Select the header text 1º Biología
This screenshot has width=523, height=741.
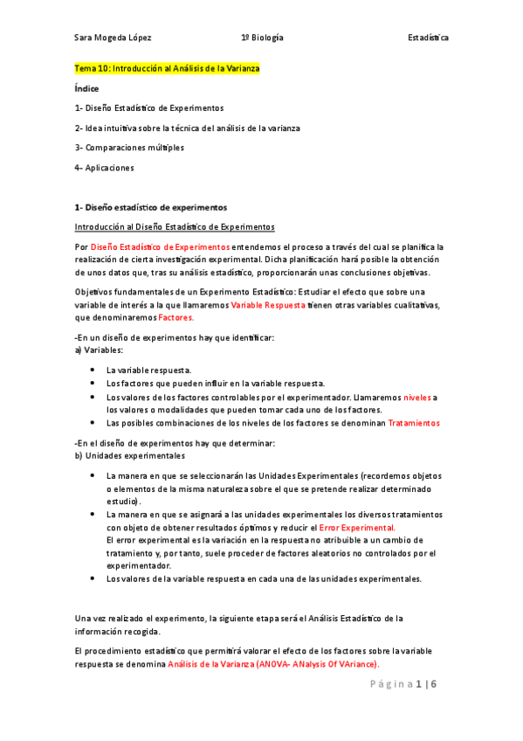click(262, 38)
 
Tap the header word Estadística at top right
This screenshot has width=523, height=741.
click(429, 38)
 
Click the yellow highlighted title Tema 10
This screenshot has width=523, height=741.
click(168, 68)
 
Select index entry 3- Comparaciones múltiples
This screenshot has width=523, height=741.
click(129, 148)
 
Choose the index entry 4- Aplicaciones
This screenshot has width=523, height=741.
click(105, 168)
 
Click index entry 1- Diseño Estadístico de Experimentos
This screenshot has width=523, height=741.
click(148, 108)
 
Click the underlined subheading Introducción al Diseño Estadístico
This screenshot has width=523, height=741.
click(175, 226)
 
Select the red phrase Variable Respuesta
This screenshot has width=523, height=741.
click(268, 305)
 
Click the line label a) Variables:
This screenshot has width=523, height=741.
click(100, 350)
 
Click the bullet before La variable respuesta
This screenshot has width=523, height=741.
click(93, 370)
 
